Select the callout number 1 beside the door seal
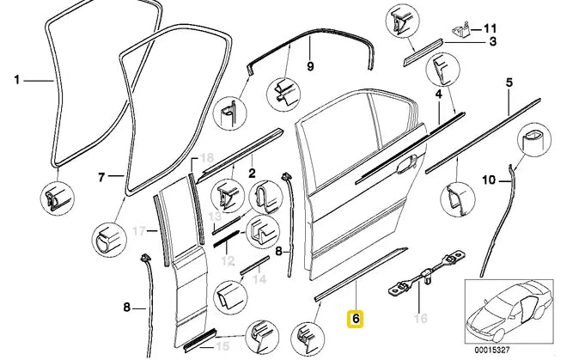(16, 81)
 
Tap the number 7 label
(101, 178)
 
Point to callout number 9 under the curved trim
(311, 66)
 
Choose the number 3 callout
(493, 41)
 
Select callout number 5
(509, 82)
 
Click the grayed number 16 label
(420, 319)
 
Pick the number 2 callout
(252, 174)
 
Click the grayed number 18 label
(205, 157)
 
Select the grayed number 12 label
(229, 259)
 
